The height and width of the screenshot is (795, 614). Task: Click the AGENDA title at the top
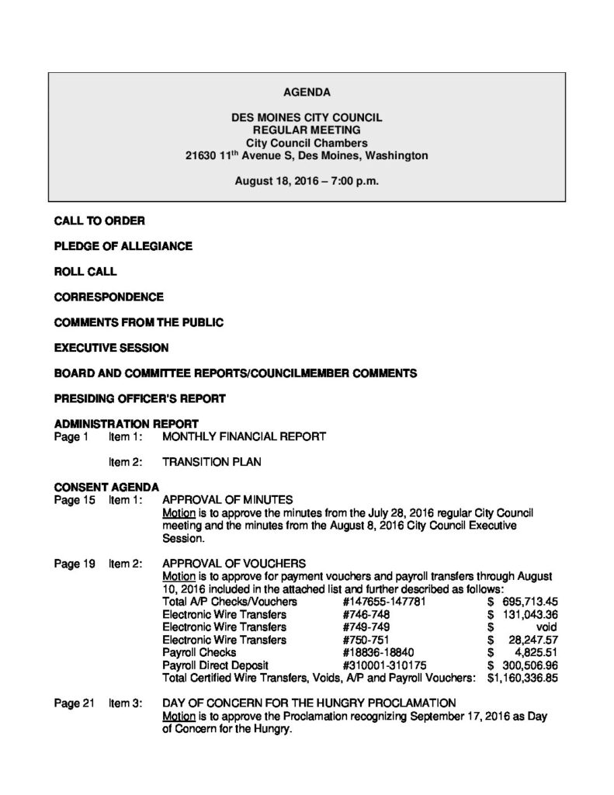(307, 92)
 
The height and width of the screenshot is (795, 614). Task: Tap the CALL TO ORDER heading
(99, 221)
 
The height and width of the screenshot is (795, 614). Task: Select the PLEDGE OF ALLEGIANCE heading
(123, 246)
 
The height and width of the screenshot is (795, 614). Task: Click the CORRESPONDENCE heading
(109, 297)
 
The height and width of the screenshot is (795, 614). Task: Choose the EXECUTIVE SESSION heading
(111, 348)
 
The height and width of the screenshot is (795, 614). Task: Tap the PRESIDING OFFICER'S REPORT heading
(140, 398)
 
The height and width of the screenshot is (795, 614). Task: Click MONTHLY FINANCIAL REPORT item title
(244, 437)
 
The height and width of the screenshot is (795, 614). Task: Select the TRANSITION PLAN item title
(211, 462)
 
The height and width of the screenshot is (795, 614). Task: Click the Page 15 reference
(74, 500)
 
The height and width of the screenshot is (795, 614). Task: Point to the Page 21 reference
(74, 703)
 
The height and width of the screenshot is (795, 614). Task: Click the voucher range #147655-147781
(387, 602)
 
